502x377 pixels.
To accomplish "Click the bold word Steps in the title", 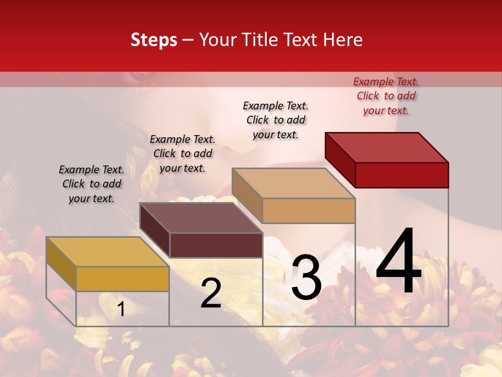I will tap(154, 40).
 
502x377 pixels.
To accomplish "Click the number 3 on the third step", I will tap(306, 277).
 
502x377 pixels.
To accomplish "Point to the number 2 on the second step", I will tap(211, 293).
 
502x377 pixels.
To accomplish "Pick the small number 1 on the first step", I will tap(121, 309).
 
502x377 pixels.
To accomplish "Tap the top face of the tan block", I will tap(294, 183).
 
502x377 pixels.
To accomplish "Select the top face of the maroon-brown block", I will tap(201, 218).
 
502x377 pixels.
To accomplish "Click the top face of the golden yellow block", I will tap(108, 252).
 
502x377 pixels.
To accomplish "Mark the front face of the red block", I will tap(402, 175).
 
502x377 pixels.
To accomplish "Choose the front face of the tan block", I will tap(309, 211).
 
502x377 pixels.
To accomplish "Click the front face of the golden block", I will tap(122, 279).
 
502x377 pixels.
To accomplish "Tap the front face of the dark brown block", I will tap(216, 245).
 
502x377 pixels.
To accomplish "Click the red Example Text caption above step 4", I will tap(386, 96).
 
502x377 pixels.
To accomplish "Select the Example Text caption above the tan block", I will tap(276, 120).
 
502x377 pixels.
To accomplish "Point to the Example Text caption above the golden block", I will tap(92, 184).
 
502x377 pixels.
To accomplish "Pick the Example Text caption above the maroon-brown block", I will tap(182, 153).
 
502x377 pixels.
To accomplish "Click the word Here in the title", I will tap(344, 40).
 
